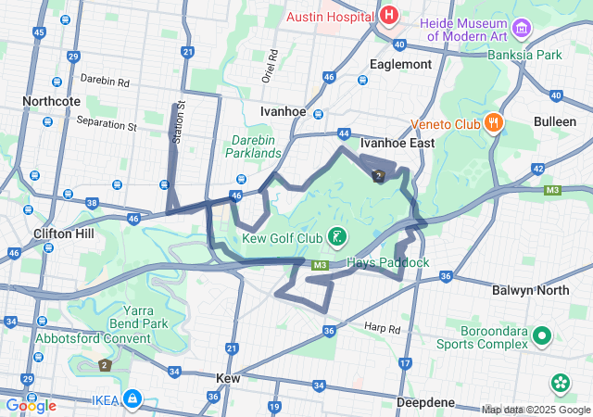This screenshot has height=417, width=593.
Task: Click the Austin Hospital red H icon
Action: pos(388,16)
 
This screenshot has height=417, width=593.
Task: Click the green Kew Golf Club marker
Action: pos(337,236)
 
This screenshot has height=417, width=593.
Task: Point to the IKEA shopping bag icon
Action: pos(133,399)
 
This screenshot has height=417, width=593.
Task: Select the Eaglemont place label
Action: pos(400,65)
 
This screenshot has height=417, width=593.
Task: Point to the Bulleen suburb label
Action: pos(555,121)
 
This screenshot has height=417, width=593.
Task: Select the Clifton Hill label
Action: pos(63,234)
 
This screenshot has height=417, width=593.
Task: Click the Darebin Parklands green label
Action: pos(255,146)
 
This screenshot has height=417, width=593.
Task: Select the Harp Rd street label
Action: pos(381,327)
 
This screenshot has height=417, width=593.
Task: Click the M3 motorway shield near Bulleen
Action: pos(552,190)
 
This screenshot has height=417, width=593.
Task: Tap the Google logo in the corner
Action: pos(31,406)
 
